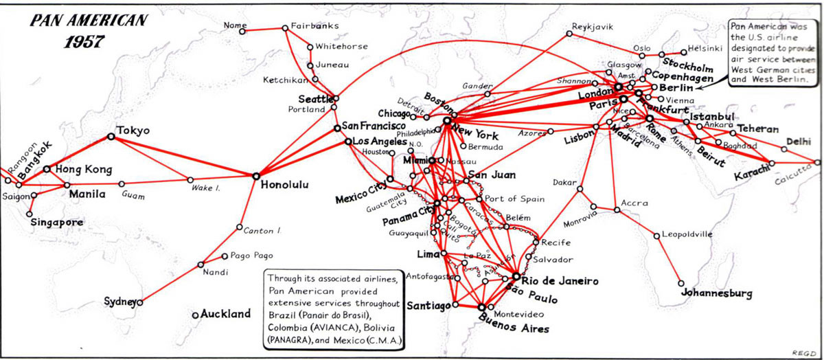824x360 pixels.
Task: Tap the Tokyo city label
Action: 133,130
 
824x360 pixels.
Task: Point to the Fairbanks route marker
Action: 285,28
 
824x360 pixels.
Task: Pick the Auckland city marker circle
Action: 196,315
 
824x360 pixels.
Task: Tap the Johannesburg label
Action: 717,293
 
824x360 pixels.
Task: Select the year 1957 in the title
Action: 84,41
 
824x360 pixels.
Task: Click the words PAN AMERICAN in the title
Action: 88,20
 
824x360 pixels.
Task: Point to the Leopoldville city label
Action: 687,235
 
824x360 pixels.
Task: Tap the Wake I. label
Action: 205,188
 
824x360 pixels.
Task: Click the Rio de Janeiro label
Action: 560,281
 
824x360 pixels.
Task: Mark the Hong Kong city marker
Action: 47,168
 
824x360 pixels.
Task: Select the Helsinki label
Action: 705,49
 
